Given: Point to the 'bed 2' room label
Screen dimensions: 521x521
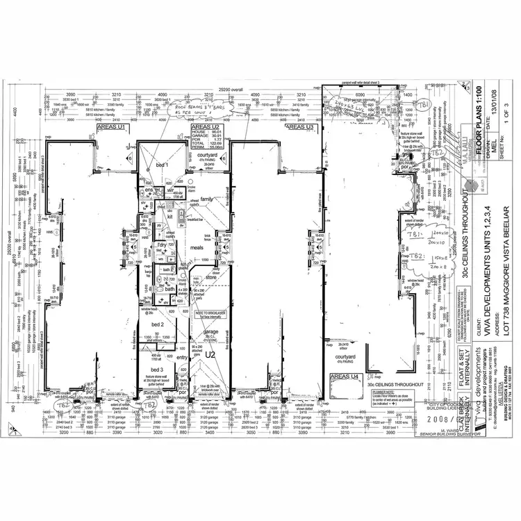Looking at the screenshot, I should (158, 324).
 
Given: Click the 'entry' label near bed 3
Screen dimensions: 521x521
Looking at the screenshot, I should (182, 358).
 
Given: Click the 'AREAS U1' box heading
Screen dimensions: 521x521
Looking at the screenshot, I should (111, 128).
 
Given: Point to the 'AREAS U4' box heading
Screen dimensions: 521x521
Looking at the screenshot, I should (345, 376).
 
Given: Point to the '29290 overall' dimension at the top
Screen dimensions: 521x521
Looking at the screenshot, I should (233, 90).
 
